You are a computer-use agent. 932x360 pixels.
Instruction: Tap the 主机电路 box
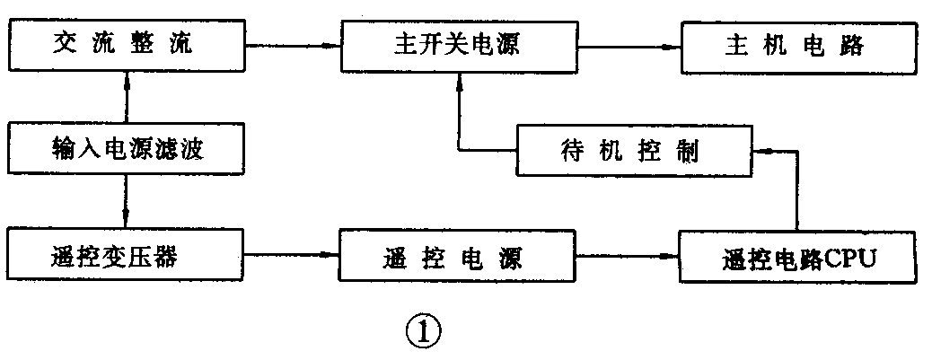pyautogui.click(x=799, y=45)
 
